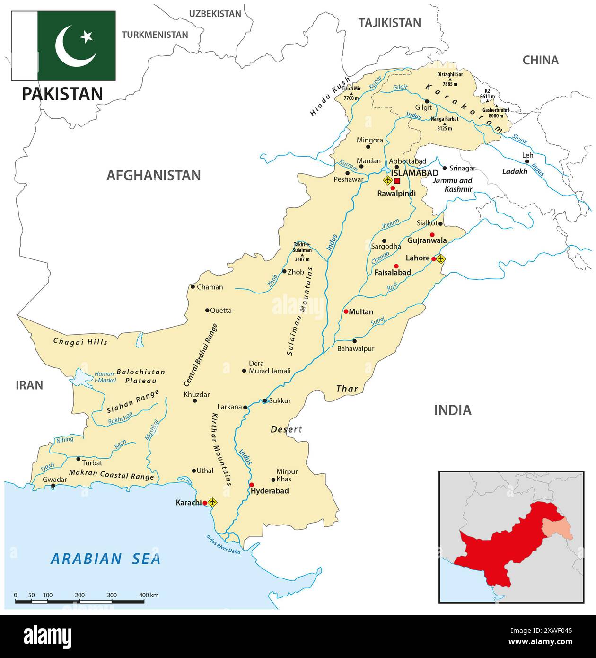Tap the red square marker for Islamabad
click(397, 181)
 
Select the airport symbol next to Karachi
click(212, 502)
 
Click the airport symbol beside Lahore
click(441, 258)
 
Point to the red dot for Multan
click(346, 311)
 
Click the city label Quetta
click(220, 311)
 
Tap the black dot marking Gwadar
click(53, 486)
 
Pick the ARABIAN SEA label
click(105, 559)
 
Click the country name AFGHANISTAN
click(153, 175)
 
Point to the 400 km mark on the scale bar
click(144, 596)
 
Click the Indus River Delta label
click(223, 545)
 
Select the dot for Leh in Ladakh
click(526, 161)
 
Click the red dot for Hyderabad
click(252, 485)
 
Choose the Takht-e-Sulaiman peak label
click(302, 250)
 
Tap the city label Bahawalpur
click(355, 348)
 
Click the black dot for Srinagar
click(444, 168)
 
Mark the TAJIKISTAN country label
click(389, 23)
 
